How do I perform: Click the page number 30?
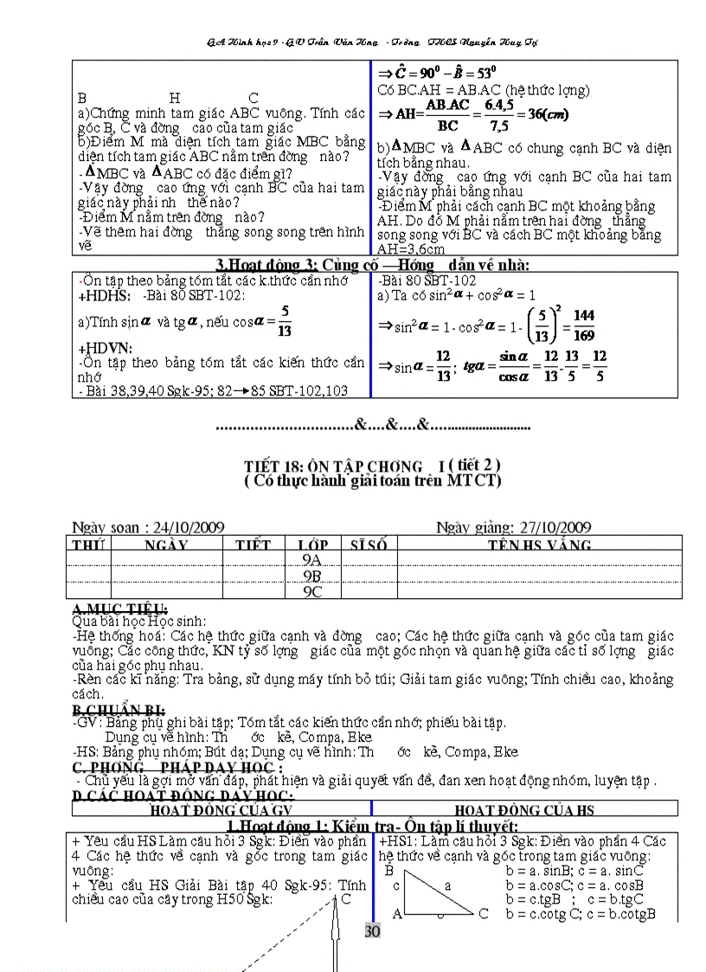click(x=372, y=931)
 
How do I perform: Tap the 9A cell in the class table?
click(x=312, y=560)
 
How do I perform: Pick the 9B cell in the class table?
click(x=312, y=576)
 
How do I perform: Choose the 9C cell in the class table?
click(x=312, y=592)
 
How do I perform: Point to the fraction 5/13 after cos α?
click(x=285, y=319)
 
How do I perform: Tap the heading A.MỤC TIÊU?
click(x=120, y=608)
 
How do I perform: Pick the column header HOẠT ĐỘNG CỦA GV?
click(x=221, y=809)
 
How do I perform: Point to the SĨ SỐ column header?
click(x=368, y=545)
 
